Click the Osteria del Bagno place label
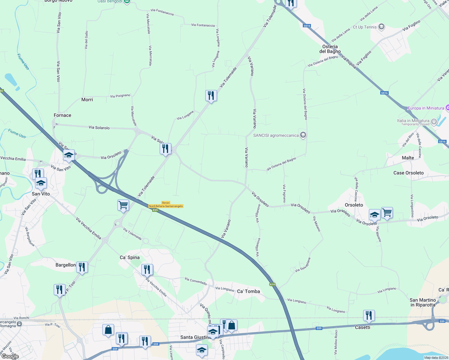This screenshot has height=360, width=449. pos(330,49)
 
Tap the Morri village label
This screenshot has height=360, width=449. pos(87,100)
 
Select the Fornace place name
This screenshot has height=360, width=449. pos(62,115)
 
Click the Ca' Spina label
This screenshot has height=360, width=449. pos(130,257)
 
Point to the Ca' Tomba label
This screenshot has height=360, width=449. pos(249,291)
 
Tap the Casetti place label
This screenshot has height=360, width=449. pos(363,327)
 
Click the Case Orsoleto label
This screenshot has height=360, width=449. pos(408,173)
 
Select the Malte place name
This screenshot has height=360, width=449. pos(408,158)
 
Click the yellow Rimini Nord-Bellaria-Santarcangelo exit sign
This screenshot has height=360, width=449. pos(166,205)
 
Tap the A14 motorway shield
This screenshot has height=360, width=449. pos(272,284)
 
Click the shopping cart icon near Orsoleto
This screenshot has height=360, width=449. pos(387,213)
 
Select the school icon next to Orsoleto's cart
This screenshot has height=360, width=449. pos(375,214)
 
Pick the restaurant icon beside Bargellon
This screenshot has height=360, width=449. pos(82,267)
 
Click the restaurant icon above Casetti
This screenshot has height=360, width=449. pos(369,316)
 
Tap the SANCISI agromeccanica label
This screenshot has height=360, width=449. pos(276,135)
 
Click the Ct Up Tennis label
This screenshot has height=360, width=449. pos(365,27)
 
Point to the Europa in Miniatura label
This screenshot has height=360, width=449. pos(426,108)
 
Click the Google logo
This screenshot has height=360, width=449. pos(10,356)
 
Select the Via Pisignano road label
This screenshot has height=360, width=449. pos(120,96)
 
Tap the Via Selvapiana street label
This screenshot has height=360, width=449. pos(303,265)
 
